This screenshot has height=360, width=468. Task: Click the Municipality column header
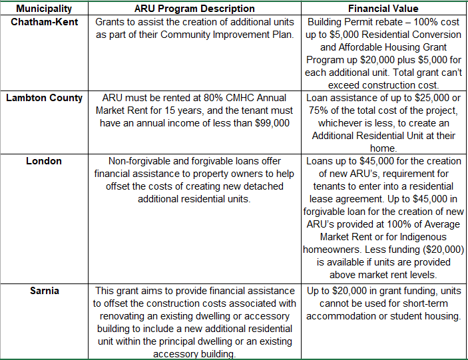point(43,9)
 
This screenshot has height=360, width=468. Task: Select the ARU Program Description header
point(194,9)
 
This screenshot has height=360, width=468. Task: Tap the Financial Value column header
point(383,9)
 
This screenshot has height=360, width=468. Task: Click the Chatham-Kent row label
point(44,22)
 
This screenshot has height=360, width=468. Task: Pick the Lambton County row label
point(44,98)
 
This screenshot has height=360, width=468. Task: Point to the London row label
point(44,161)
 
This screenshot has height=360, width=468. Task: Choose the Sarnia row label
point(44,291)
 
